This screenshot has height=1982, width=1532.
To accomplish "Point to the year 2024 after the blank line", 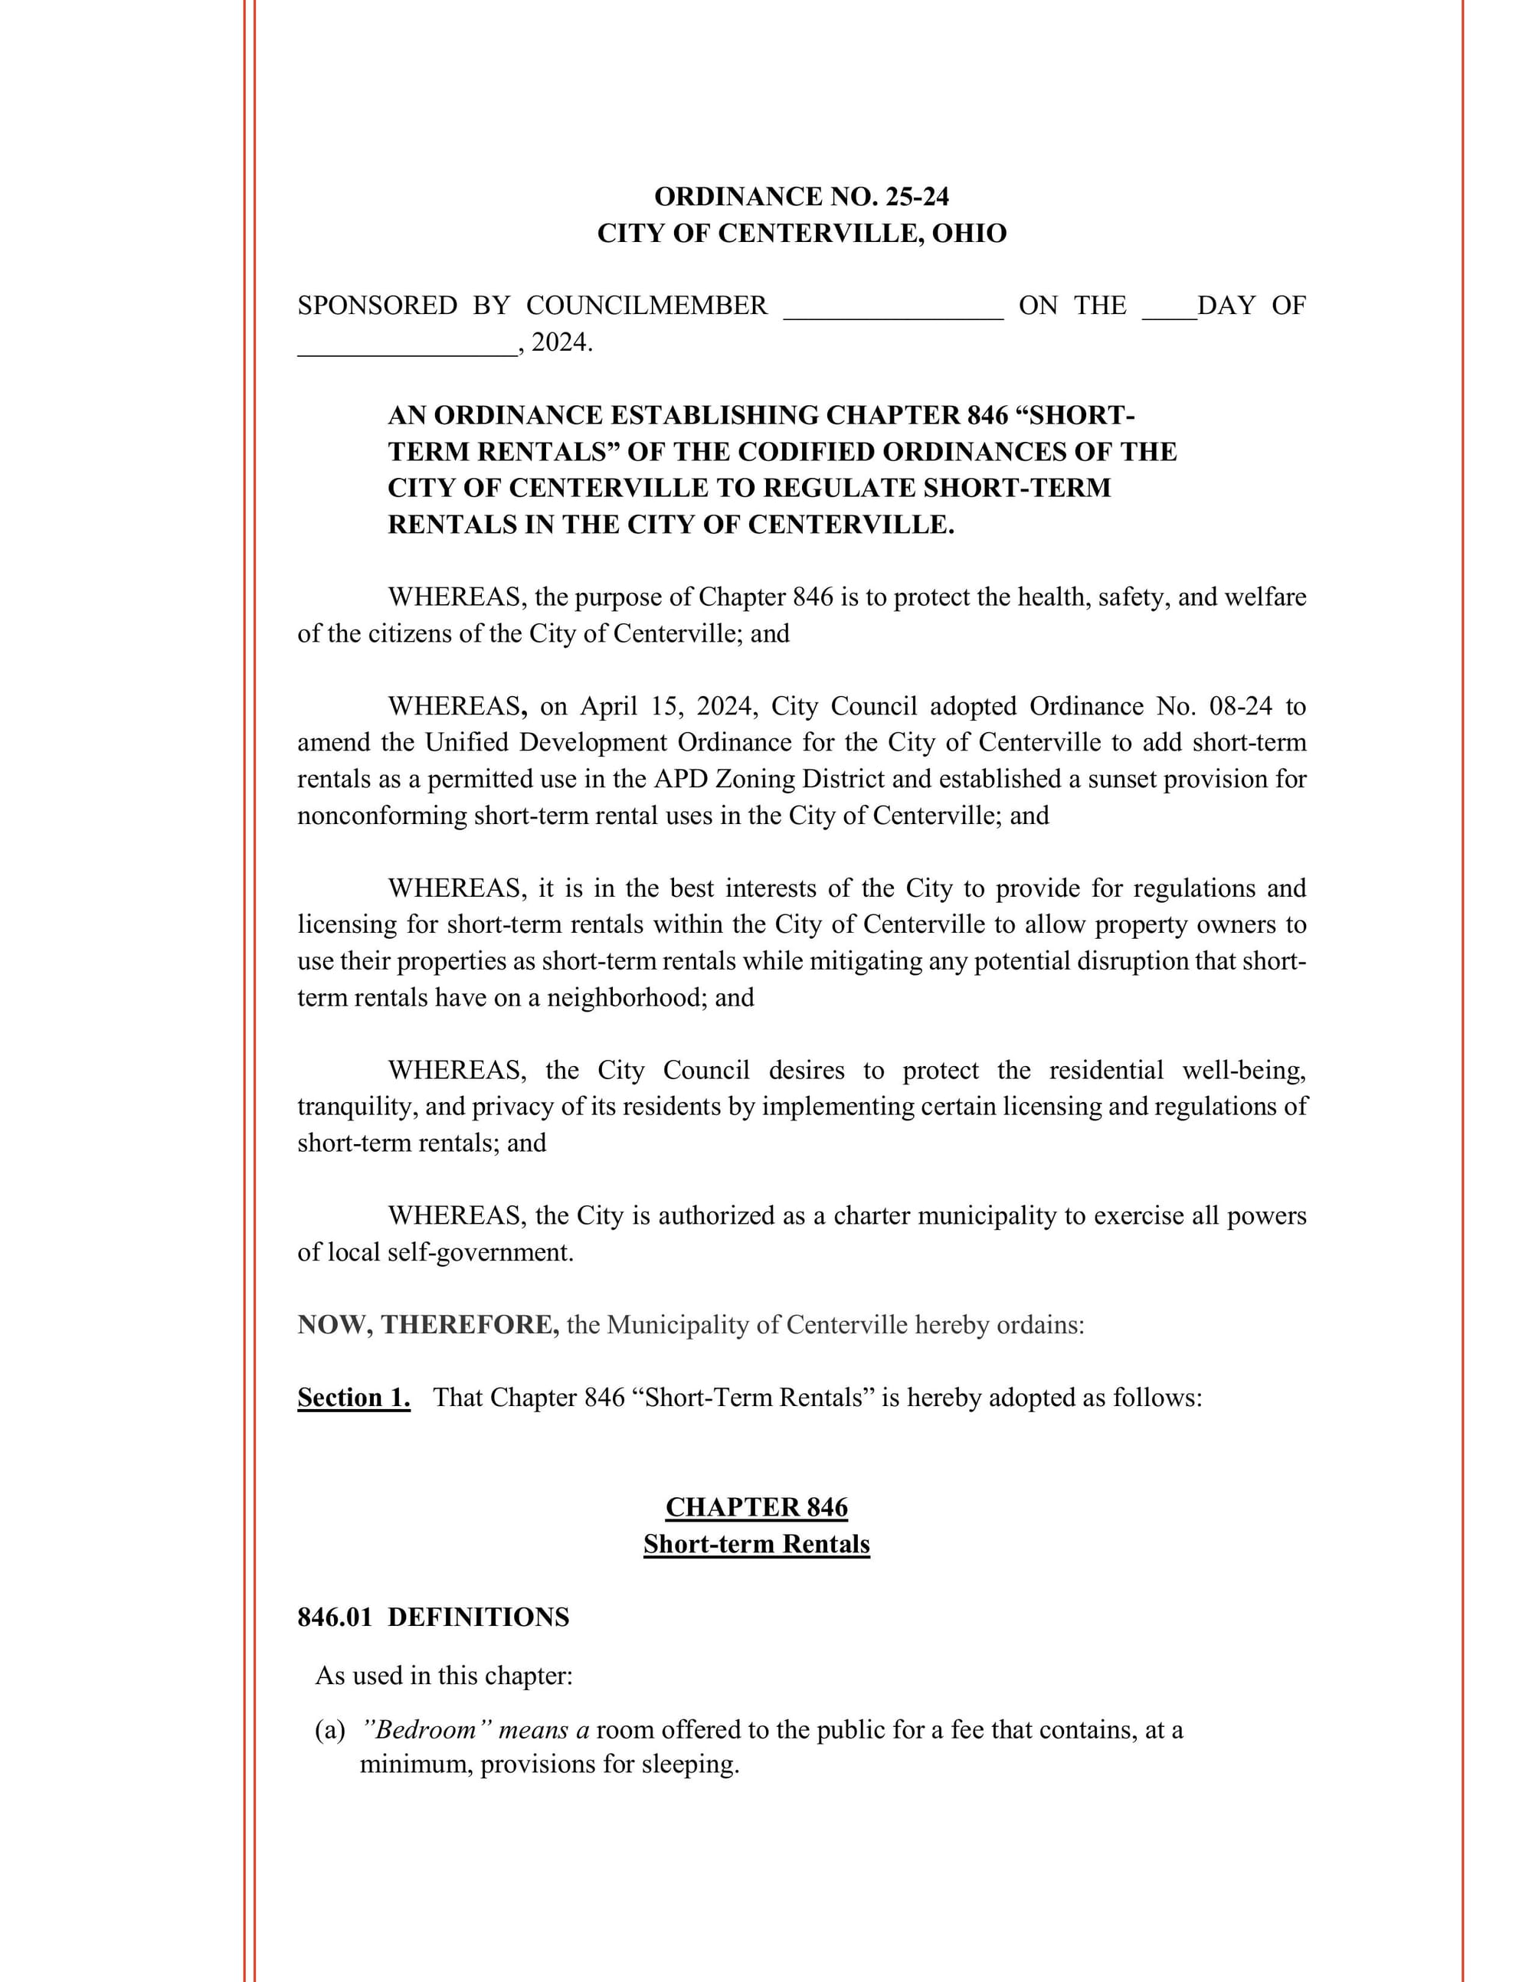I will click(x=559, y=343).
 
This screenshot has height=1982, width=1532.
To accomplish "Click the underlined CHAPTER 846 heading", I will click(x=756, y=1506).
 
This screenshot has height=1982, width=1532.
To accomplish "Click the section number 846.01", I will click(x=335, y=1617).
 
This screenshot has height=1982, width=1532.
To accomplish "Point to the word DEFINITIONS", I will click(x=478, y=1617).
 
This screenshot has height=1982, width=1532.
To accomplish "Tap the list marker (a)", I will click(x=329, y=1730).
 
